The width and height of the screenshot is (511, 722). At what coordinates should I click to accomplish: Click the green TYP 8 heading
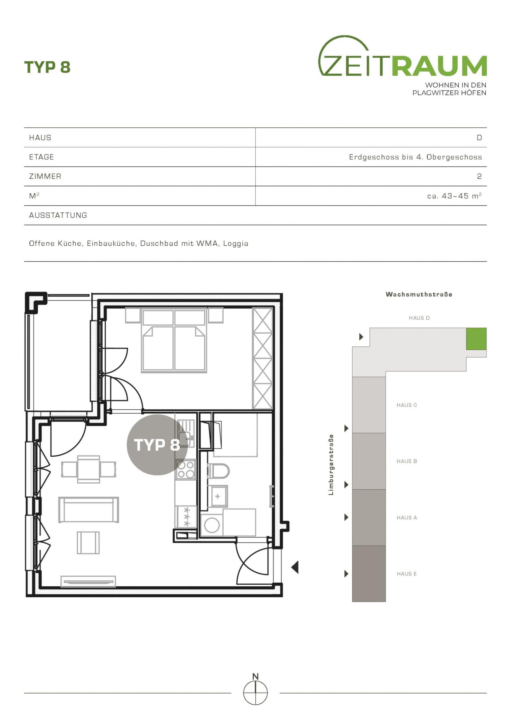point(47,67)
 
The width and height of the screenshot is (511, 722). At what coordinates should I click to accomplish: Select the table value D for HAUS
point(479,138)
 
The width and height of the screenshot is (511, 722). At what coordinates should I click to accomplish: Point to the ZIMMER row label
point(45,176)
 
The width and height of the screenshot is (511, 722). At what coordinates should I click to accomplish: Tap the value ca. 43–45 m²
point(454,196)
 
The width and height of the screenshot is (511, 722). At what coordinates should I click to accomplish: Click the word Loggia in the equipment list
point(236,244)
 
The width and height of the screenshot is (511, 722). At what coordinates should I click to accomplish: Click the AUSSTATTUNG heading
point(58,215)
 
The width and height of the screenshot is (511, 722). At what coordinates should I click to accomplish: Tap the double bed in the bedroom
point(174,340)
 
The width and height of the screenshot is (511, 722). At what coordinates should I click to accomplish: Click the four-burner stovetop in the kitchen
point(186,469)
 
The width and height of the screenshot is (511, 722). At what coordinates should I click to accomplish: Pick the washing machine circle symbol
point(212,525)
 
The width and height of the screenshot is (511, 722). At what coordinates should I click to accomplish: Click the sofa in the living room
point(89,510)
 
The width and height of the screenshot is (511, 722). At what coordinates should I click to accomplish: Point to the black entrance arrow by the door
point(295,567)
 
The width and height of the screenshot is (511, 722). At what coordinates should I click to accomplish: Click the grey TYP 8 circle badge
point(157,445)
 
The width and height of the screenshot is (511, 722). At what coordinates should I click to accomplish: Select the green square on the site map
point(476,339)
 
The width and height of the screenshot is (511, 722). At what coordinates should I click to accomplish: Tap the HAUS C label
point(407,405)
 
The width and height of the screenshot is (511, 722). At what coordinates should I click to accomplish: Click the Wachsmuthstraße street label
point(419,294)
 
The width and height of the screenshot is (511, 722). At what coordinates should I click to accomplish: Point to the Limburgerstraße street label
point(331,465)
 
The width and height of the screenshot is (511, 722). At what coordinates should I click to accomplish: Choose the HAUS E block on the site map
point(369,574)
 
